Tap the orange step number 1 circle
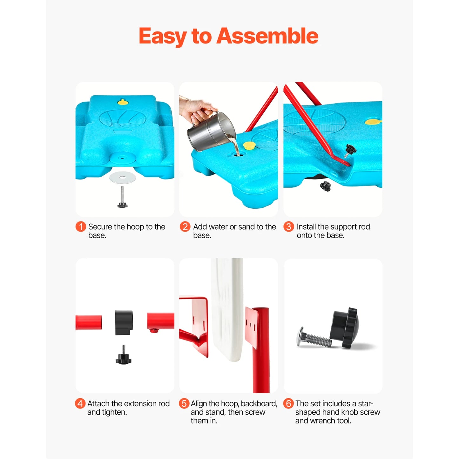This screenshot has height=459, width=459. pos(81,226)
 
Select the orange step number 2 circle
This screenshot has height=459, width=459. pos(185,226)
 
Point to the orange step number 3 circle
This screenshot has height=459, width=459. pos(288,226)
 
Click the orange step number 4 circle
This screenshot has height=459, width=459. pos(80,403)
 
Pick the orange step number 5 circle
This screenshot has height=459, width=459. pos(184,403)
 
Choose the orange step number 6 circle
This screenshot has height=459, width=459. pos(288,403)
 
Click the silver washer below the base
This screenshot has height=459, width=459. pos(123,178)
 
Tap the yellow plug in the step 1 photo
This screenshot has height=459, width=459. pos(122,102)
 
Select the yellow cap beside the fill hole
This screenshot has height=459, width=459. pos(249,145)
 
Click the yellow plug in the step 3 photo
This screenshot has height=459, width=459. pos(372,122)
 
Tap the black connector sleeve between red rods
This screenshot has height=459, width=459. pos(124,322)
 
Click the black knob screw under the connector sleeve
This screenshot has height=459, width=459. pos(123,357)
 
